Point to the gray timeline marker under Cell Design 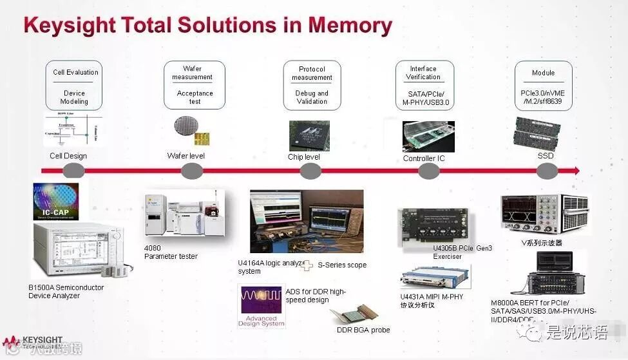(x=74, y=171)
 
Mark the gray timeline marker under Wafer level (x=192, y=171)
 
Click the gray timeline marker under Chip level (x=310, y=171)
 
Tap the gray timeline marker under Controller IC (x=429, y=171)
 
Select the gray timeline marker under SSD (x=547, y=171)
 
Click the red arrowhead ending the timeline (x=575, y=171)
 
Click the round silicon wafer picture (x=186, y=127)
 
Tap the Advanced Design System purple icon (x=261, y=308)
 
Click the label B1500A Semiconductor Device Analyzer (x=66, y=292)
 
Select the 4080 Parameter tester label (x=171, y=252)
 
